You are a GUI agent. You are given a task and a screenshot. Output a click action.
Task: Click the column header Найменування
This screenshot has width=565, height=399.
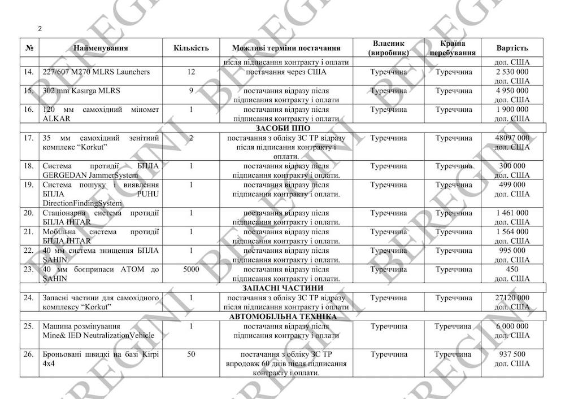[x=101, y=48]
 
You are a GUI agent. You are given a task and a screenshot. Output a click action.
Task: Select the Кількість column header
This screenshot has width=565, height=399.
[x=191, y=48]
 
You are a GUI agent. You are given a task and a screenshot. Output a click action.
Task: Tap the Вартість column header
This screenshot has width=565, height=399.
[x=512, y=48]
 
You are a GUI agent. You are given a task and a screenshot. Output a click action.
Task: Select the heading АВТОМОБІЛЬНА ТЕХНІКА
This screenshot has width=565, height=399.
[x=282, y=317]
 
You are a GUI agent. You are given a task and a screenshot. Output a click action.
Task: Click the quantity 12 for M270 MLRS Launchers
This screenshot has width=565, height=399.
[x=191, y=72]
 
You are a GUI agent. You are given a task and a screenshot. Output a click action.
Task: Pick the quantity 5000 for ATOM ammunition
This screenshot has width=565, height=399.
[x=191, y=270]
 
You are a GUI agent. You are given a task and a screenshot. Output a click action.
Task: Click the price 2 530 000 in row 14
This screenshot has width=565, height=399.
[x=512, y=72]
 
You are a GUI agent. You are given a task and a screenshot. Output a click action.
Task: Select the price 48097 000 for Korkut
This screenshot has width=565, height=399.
[x=512, y=138]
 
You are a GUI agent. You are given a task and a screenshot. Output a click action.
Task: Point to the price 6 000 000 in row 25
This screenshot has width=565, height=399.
[x=512, y=326]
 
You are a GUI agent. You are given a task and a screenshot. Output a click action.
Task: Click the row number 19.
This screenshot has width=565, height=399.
[x=28, y=185]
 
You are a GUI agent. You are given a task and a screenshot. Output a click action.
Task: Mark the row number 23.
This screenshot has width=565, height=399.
[x=28, y=270]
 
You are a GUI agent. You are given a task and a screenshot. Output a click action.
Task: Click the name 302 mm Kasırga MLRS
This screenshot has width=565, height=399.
[x=81, y=91]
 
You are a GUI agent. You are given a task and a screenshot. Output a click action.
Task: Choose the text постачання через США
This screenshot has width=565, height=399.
[x=286, y=72]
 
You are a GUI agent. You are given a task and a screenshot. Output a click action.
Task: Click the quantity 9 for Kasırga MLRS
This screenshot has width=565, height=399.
[x=191, y=91]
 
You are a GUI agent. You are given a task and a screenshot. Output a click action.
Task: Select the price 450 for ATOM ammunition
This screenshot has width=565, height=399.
[x=512, y=270]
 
